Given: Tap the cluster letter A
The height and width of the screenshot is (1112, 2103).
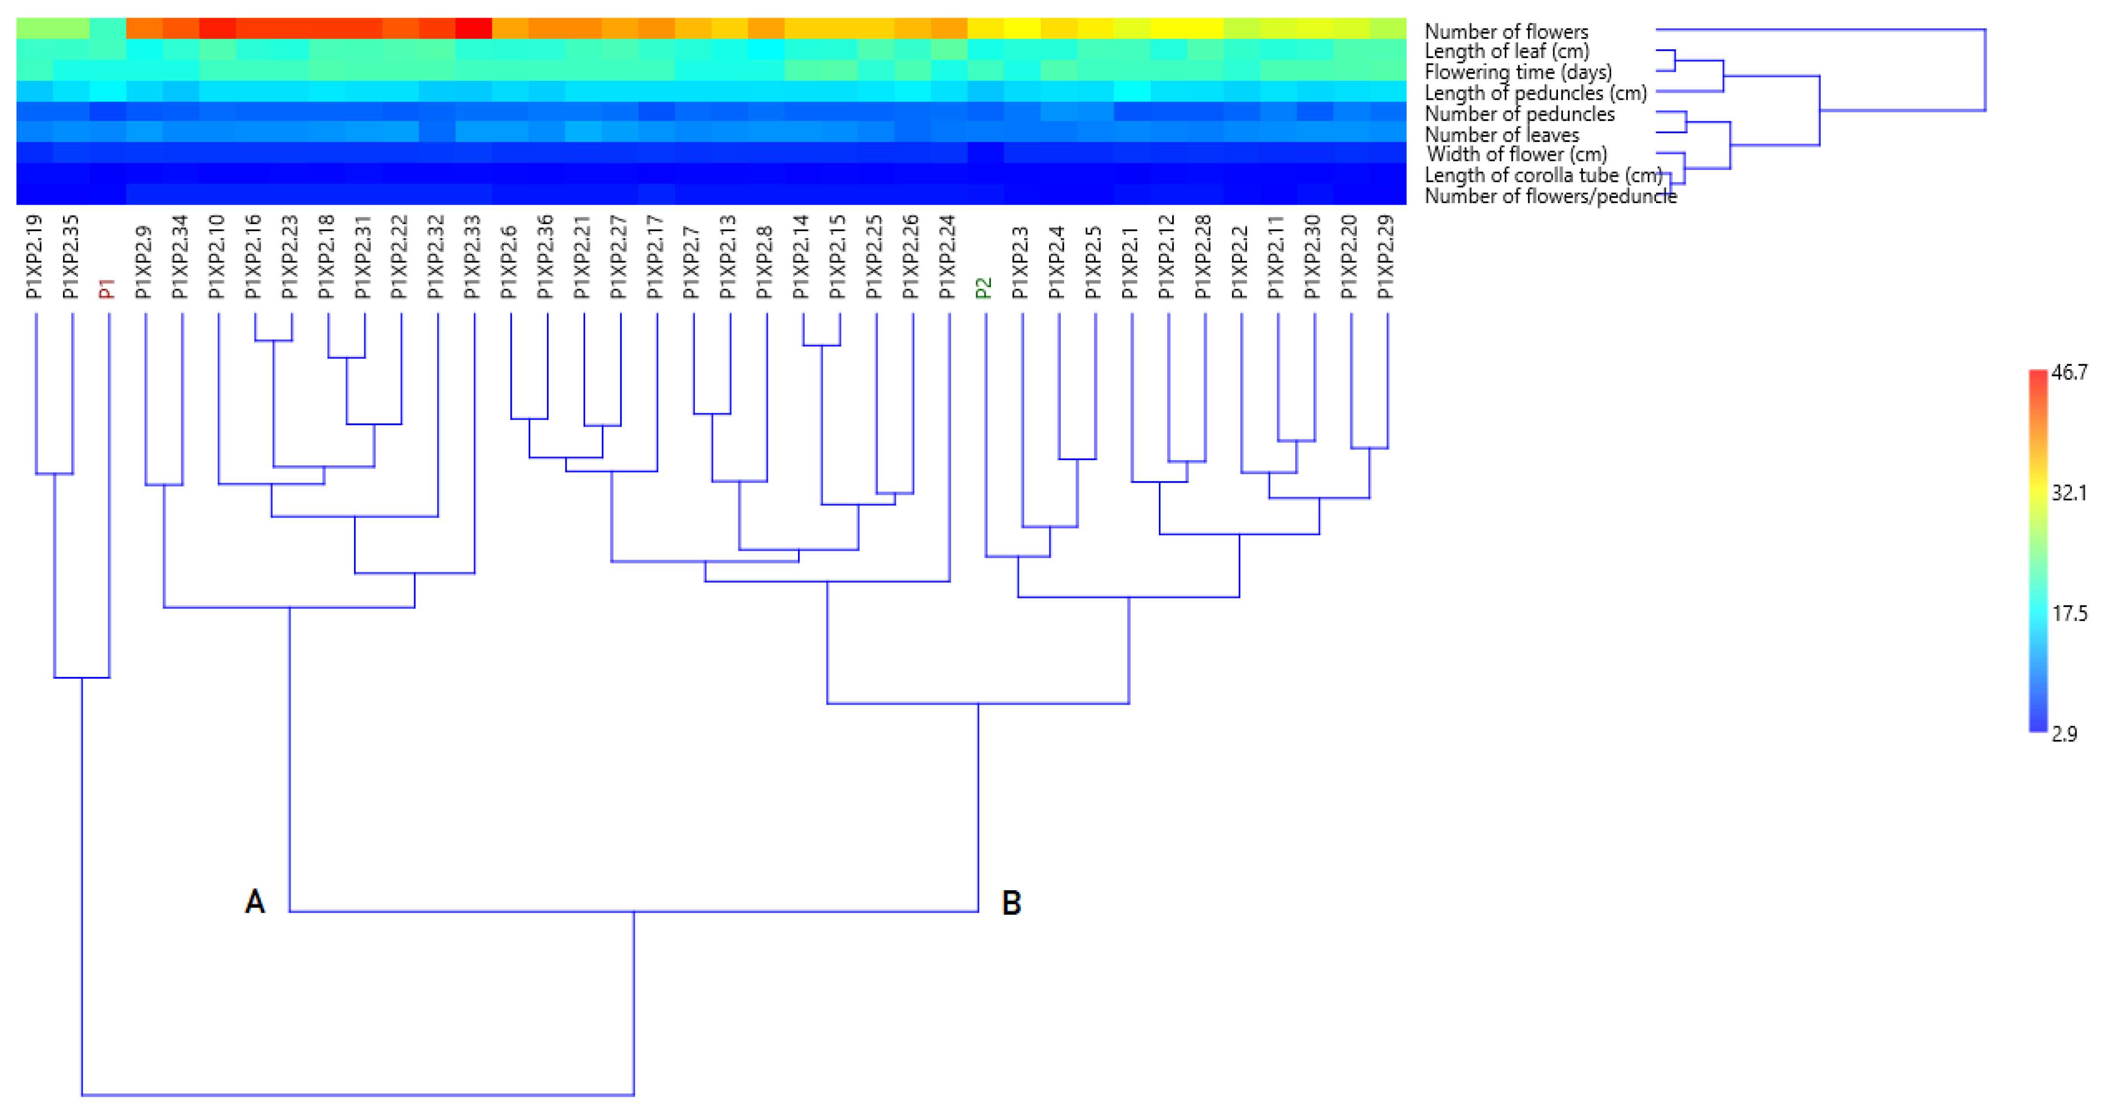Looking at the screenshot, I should [255, 902].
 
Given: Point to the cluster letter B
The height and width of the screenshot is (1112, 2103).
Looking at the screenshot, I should [1011, 902].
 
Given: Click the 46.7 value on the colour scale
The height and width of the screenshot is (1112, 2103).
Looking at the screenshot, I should [2069, 372].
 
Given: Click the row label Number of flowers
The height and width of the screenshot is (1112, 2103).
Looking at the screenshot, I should [1506, 31].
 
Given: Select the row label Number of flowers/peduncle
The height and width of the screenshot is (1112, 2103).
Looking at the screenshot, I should [1550, 196].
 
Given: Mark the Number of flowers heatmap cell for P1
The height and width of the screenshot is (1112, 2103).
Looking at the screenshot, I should [108, 28].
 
